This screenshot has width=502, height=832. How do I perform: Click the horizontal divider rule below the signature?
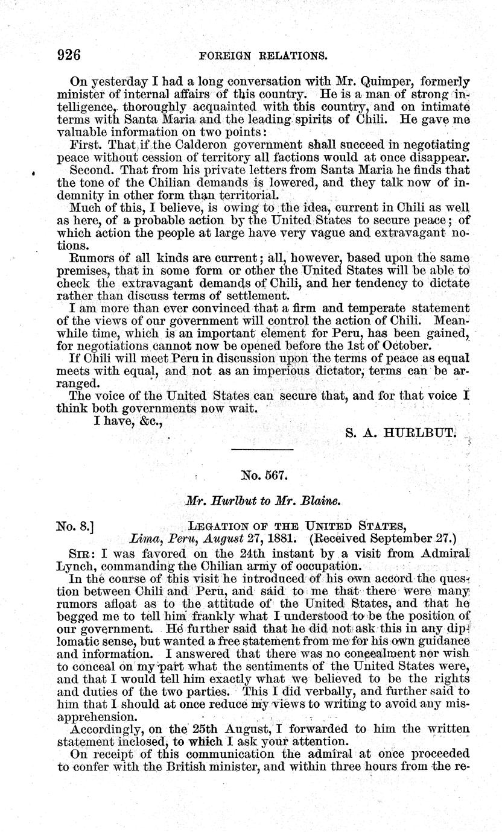pyautogui.click(x=262, y=450)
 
